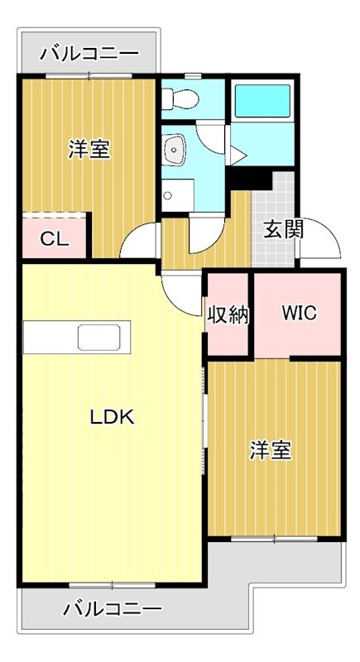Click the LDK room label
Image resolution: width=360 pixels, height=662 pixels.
[x=112, y=417]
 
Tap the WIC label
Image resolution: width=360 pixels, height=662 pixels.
[x=298, y=314]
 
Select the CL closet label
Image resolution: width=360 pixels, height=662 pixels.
[x=54, y=240]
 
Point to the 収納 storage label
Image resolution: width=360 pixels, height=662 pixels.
[x=228, y=315]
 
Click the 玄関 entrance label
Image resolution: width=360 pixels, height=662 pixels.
[x=283, y=228]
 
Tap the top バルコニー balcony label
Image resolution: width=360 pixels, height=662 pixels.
[x=89, y=55]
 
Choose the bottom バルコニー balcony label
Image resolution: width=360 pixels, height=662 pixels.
[x=113, y=610]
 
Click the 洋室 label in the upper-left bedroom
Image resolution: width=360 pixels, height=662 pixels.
[x=89, y=150]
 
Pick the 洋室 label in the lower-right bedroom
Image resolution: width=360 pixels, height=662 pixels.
[x=271, y=450]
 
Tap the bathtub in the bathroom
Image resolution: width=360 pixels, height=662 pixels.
[x=259, y=103]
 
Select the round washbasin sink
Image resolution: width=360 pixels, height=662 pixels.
[x=176, y=150]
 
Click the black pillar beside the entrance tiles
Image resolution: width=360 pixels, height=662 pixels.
[x=249, y=179]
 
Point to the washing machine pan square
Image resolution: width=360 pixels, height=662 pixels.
[x=177, y=195]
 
